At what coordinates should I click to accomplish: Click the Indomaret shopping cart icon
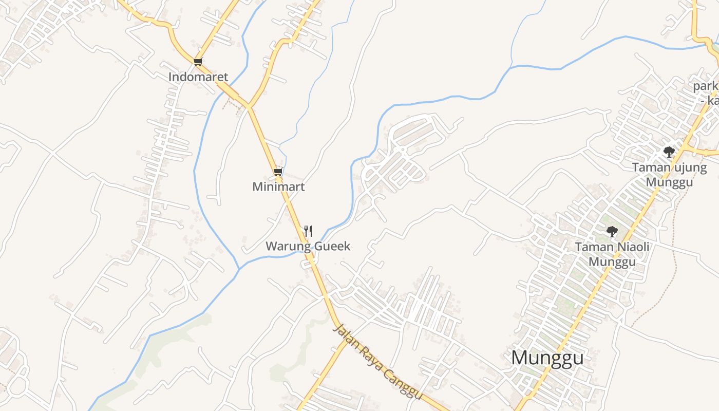198,62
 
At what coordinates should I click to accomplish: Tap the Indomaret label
198,77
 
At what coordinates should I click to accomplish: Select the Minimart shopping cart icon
278,172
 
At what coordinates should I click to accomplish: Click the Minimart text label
278,186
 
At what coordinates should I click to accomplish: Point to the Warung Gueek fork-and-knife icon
308,231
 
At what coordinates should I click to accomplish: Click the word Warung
288,246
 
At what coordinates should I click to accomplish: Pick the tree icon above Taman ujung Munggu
669,152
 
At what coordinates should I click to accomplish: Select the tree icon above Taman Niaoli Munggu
612,232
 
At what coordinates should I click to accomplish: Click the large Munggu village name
547,358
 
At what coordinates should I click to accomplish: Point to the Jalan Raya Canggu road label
377,361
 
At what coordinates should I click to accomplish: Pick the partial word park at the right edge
706,86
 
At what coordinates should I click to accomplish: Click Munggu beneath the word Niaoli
612,262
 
